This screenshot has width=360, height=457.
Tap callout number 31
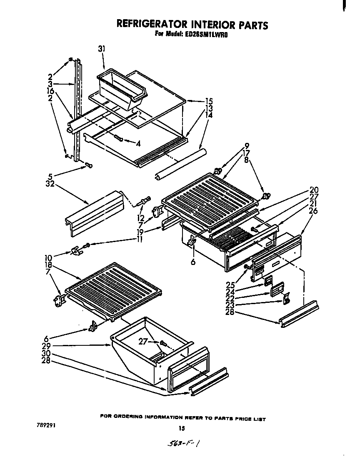pyautogui.click(x=101, y=49)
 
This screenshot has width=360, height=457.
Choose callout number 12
pyautogui.click(x=140, y=217)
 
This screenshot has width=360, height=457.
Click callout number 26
pyautogui.click(x=313, y=211)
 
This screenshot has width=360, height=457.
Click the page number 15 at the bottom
pyautogui.click(x=181, y=428)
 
